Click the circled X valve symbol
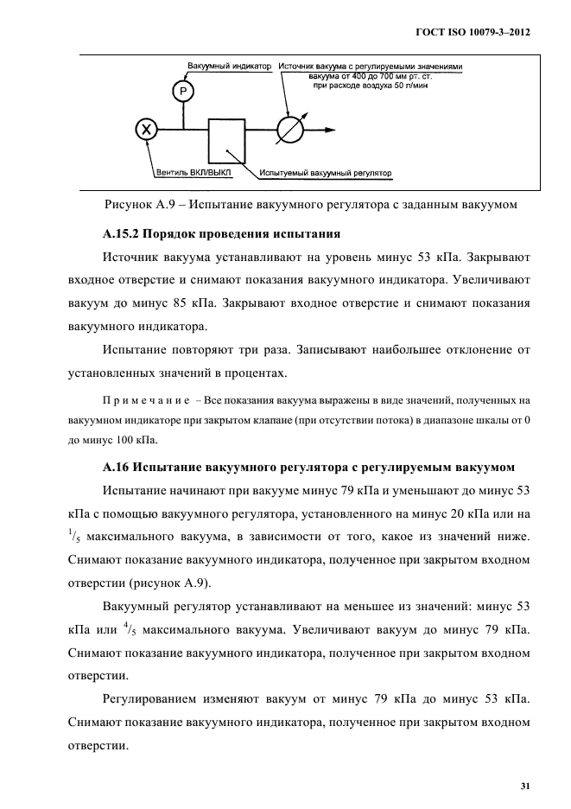pyautogui.click(x=148, y=130)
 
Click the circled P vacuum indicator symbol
pyautogui.click(x=182, y=91)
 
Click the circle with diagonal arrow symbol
pyautogui.click(x=290, y=131)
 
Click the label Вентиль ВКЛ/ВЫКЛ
pyautogui.click(x=199, y=173)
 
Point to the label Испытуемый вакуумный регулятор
pyautogui.click(x=326, y=173)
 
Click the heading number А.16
pyautogui.click(x=119, y=467)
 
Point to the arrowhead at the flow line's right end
pyautogui.click(x=330, y=131)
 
